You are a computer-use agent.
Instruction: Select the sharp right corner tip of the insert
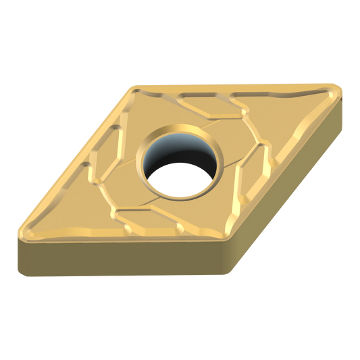click(338, 87)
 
